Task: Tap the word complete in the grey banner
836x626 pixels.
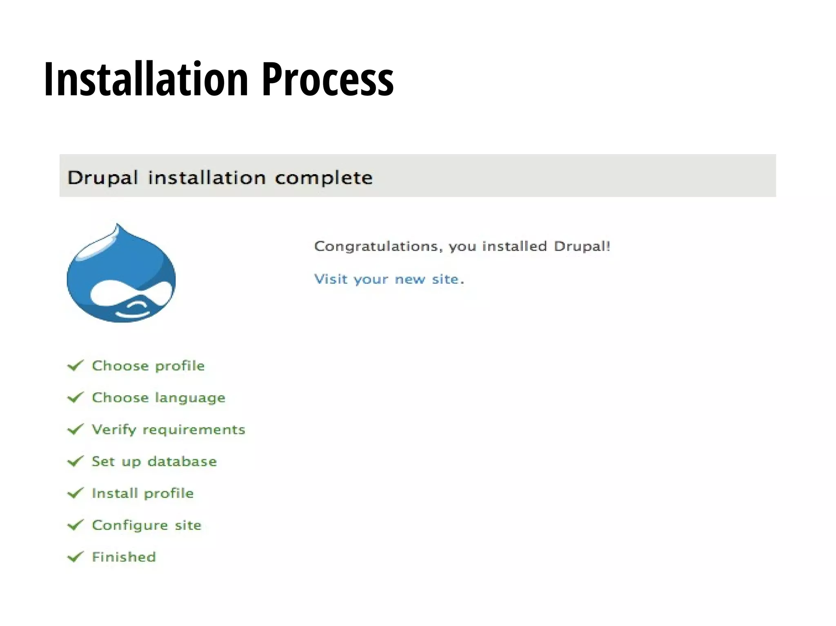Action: (323, 178)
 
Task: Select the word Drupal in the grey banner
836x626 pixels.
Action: (102, 178)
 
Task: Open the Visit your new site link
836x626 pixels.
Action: (389, 279)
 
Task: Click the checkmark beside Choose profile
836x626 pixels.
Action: (76, 365)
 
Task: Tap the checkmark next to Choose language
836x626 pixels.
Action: (76, 397)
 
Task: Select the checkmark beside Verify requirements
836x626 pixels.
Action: (76, 429)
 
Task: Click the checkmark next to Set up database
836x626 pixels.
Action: (76, 461)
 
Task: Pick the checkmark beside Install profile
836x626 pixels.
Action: (76, 493)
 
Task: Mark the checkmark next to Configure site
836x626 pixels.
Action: (76, 525)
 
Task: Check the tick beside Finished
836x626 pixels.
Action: (76, 557)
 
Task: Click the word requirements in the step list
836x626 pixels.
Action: (194, 430)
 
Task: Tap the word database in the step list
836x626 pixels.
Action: (182, 462)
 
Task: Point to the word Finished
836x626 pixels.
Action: (124, 557)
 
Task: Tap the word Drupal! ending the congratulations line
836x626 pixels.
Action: (582, 246)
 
